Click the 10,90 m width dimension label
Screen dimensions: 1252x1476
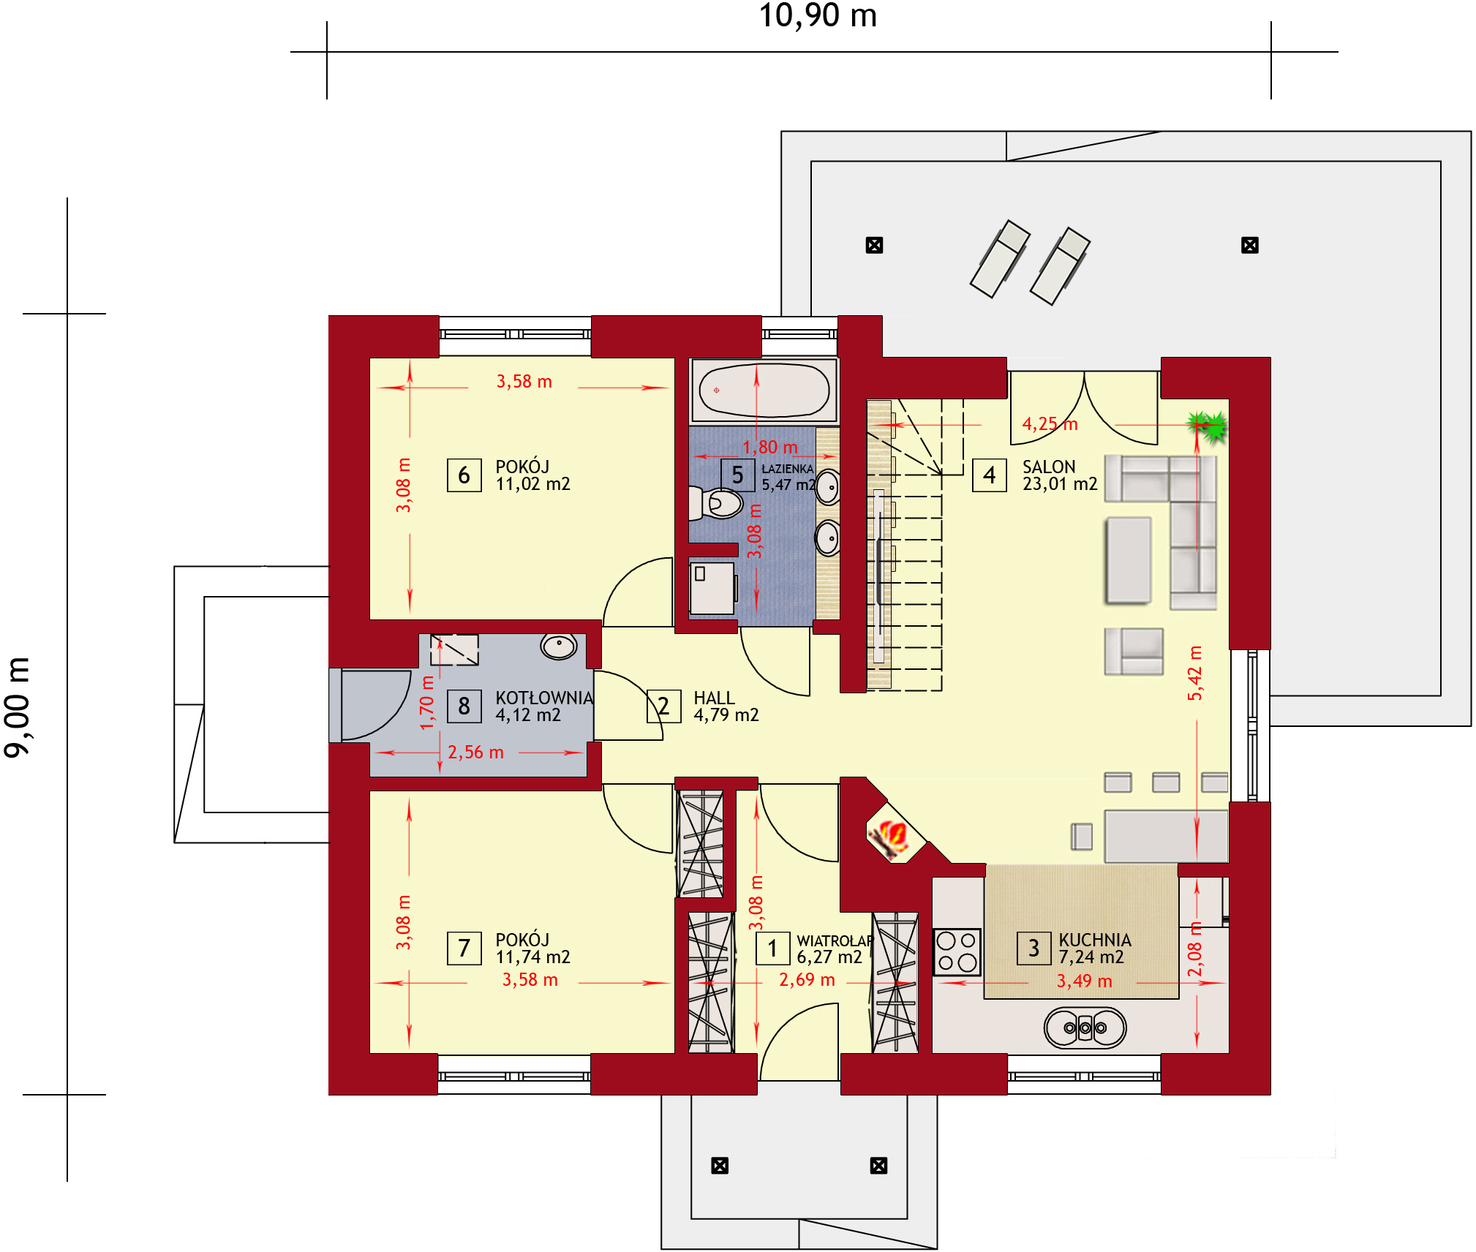click(x=817, y=16)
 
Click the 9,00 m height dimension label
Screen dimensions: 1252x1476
click(x=18, y=706)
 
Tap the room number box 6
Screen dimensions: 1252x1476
click(x=464, y=475)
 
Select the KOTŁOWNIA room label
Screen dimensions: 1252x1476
click(x=543, y=698)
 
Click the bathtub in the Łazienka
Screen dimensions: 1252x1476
click(x=764, y=390)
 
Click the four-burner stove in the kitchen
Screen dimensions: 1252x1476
click(x=956, y=951)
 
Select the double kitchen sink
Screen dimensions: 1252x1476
click(x=1085, y=1027)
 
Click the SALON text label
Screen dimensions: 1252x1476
click(x=1048, y=467)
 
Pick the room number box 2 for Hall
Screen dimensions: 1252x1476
click(x=663, y=706)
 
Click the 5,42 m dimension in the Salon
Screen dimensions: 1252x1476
click(x=1194, y=673)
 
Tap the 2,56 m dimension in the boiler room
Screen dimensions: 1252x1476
click(x=475, y=753)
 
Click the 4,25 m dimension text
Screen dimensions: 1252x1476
click(x=1050, y=424)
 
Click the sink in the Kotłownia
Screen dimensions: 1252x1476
click(x=559, y=646)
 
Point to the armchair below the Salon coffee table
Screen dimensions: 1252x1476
click(x=1134, y=651)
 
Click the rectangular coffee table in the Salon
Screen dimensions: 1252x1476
click(x=1128, y=560)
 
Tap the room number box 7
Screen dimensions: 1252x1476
click(x=464, y=949)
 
